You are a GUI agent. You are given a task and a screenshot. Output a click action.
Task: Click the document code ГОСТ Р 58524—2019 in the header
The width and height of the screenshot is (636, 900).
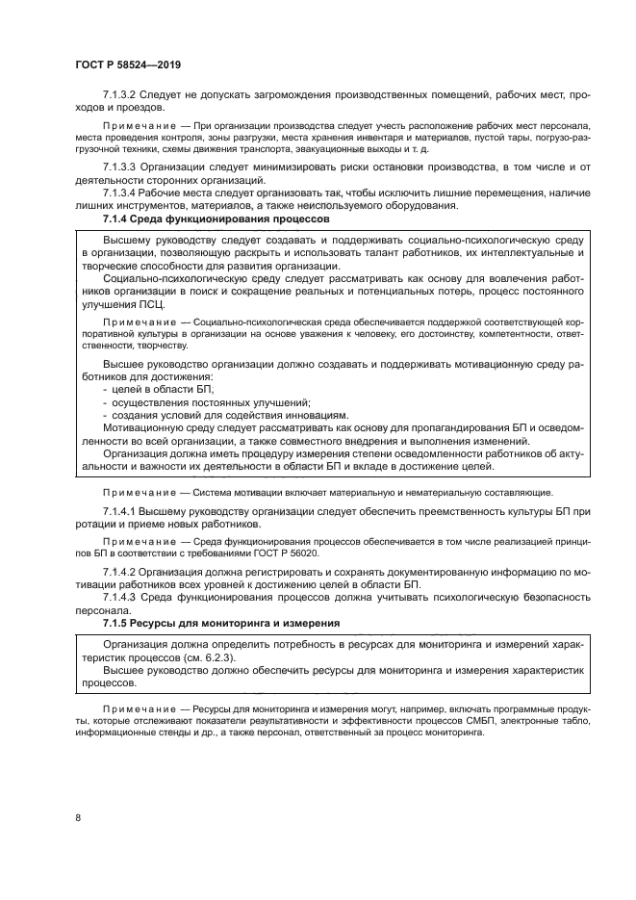click(x=127, y=64)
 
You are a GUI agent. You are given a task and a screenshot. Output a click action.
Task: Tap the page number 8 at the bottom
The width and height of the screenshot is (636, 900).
click(x=77, y=817)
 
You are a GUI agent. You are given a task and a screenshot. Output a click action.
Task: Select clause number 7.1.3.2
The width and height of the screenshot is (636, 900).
click(x=119, y=94)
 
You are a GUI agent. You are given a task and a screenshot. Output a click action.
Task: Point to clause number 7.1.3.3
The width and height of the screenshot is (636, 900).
click(x=119, y=167)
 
